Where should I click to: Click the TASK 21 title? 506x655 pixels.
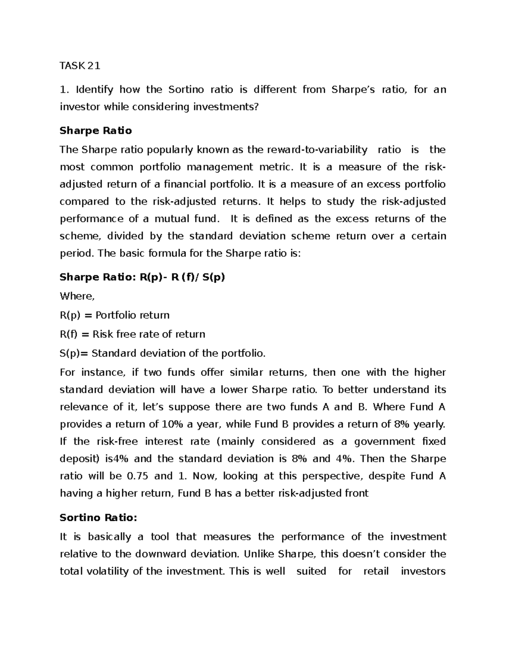point(80,66)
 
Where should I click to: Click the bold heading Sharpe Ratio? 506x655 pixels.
point(96,131)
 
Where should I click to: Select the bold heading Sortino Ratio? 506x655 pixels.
point(98,518)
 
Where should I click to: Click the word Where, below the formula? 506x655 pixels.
point(77,296)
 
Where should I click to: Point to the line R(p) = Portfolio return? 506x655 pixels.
point(115,315)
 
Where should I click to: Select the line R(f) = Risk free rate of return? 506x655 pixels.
point(132,334)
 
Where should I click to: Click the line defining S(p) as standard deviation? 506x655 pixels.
point(163,353)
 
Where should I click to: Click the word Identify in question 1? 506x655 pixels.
point(95,89)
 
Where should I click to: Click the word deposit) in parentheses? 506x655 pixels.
point(79,458)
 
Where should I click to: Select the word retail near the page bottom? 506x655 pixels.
point(375,571)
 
